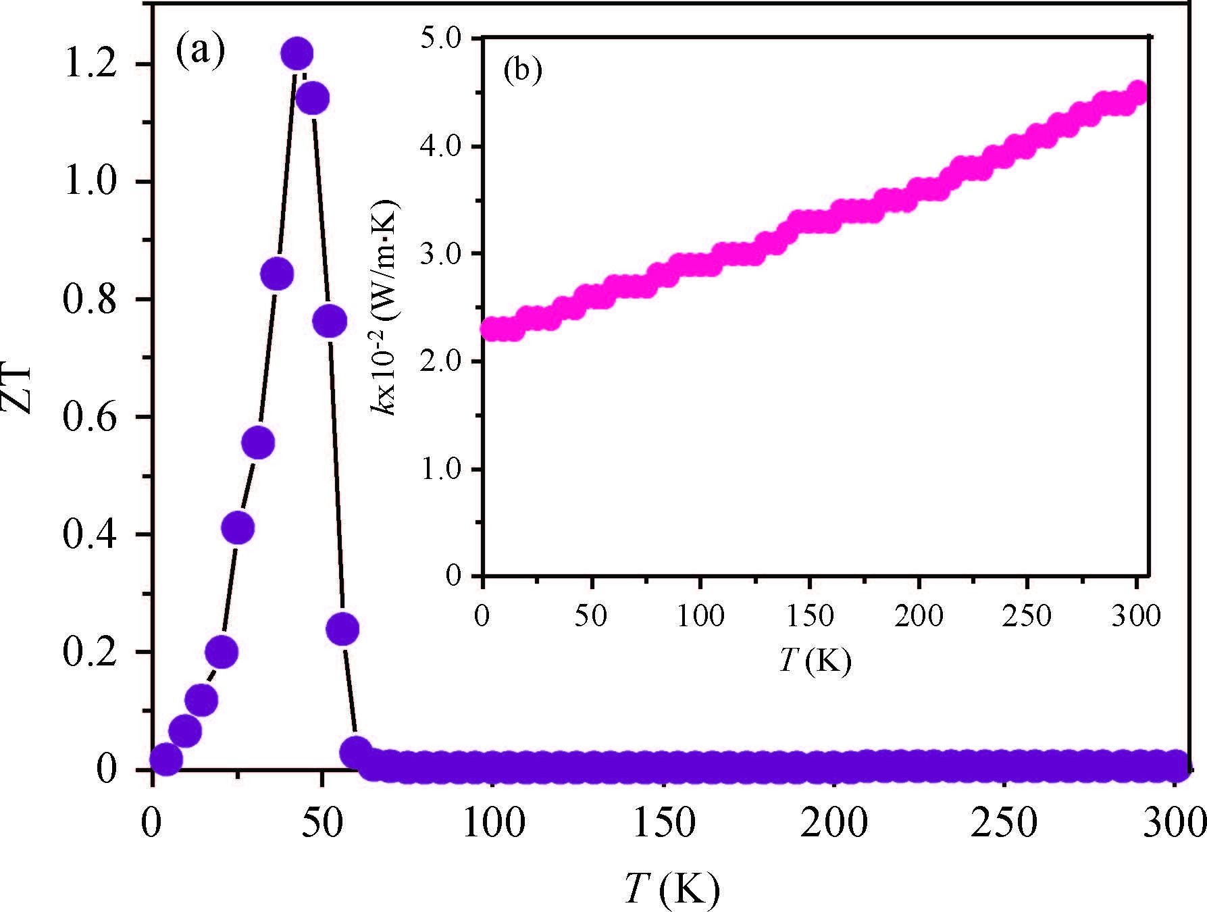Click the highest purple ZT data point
(x=297, y=53)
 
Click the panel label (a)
(x=200, y=51)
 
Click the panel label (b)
(x=522, y=72)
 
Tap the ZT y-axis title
(x=19, y=390)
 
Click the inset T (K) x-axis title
(x=815, y=661)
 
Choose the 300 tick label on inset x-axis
(x=1136, y=616)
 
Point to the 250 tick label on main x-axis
(x=1004, y=823)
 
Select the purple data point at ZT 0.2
(x=222, y=652)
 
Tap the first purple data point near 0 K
(x=165, y=759)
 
